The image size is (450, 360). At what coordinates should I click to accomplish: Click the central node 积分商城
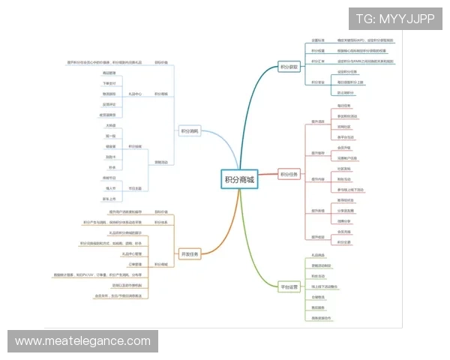pos(239,179)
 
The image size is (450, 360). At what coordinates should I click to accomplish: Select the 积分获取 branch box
pos(289,66)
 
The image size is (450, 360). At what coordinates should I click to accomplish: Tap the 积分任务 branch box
pos(289,175)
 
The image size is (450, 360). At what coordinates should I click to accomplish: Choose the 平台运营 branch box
pos(289,286)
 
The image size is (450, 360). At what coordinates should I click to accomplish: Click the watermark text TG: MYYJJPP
pos(394,19)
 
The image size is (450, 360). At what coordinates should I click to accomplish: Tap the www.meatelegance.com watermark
pos(82,341)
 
